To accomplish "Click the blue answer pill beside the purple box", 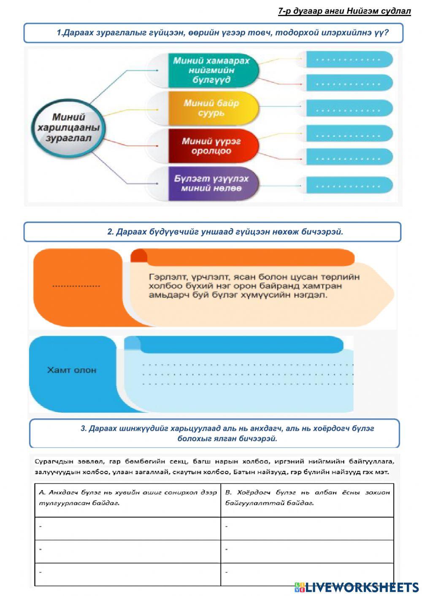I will [x=348, y=185].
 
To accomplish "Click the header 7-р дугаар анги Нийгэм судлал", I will [x=344, y=11].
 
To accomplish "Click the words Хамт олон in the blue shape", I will [x=72, y=370].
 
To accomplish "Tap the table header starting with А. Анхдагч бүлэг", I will [x=127, y=498].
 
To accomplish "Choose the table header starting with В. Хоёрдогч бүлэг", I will [x=307, y=498].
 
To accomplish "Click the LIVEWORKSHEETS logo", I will [x=357, y=587].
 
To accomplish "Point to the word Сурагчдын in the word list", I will [x=51, y=461].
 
